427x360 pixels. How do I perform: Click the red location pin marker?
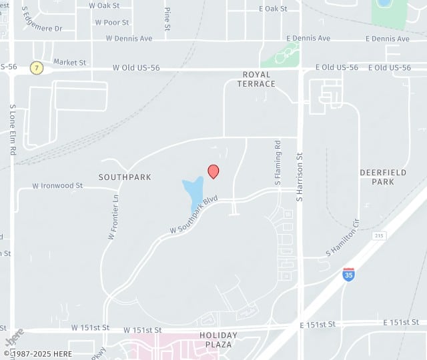pos(213,171)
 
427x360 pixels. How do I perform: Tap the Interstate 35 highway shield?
pos(348,273)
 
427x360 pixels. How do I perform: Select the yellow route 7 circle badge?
pos(37,68)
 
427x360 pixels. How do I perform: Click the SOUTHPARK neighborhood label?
pos(125,177)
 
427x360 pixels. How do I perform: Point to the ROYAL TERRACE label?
pos(256,79)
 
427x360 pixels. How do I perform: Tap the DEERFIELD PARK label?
pos(383,177)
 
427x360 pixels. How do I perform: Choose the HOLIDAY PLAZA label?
pos(216,340)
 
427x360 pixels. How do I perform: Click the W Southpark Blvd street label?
pos(193,215)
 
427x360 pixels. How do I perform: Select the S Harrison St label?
pos(300,173)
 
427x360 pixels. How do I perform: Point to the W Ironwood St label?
pos(57,186)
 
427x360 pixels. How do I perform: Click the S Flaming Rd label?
pos(278,163)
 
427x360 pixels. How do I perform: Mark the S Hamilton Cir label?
pos(343,239)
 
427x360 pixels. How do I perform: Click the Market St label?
pos(69,63)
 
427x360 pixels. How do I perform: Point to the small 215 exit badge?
pos(380,236)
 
